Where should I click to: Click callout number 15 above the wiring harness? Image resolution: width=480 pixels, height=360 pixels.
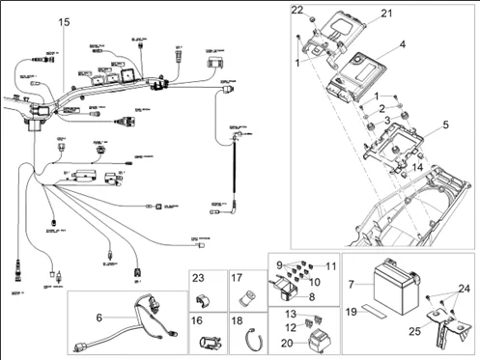click(65, 21)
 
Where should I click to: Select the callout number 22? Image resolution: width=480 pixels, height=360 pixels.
click(297, 10)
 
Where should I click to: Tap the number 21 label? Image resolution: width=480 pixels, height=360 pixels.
click(387, 13)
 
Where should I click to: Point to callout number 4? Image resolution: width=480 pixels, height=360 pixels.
click(402, 44)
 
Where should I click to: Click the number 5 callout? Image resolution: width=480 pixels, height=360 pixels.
click(445, 125)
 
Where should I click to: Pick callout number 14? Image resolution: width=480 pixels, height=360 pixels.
click(415, 167)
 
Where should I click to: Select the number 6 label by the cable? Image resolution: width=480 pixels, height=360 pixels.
click(98, 317)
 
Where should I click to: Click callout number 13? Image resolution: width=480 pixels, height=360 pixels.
click(291, 314)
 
